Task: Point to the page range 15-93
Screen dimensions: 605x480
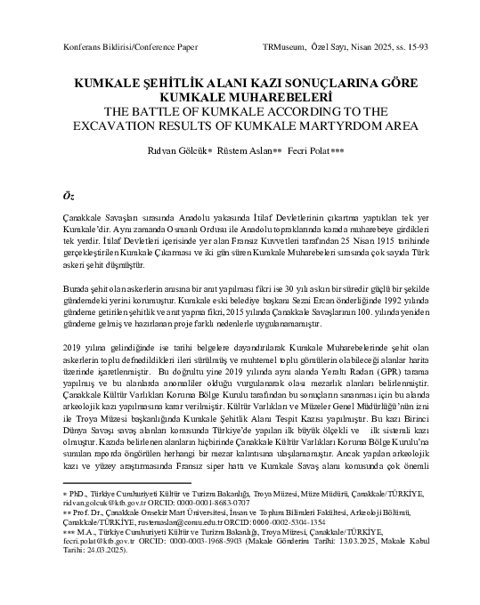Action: tap(411, 44)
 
